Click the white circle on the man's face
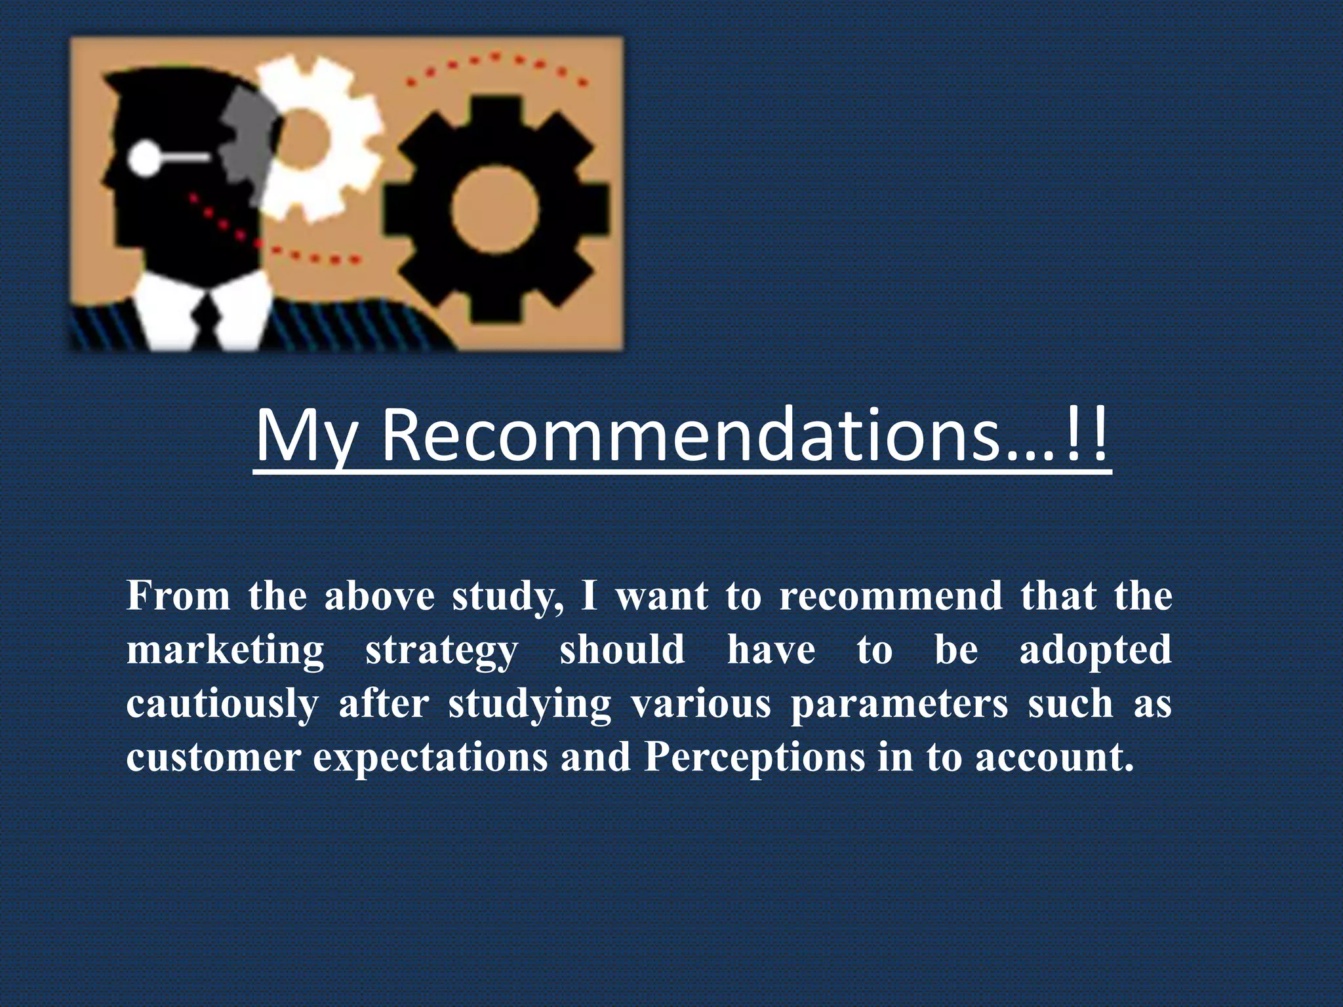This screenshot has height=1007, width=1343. coord(144,158)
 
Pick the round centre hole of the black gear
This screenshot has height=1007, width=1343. coord(495,210)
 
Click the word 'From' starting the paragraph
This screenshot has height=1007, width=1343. coord(178,596)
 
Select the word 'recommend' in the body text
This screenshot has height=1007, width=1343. coord(891,596)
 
